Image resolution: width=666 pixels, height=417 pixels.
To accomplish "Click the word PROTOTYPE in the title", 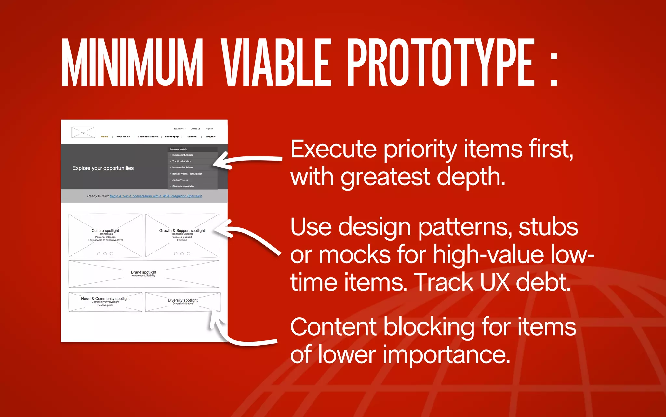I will tap(441, 63).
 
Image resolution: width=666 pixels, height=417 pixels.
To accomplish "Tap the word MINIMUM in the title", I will tap(132, 63).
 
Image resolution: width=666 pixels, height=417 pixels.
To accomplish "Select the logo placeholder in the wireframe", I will tap(83, 133).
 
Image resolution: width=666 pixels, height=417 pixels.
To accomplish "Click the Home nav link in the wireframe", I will tap(104, 137).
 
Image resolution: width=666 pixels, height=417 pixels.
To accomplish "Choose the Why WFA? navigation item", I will tap(123, 137).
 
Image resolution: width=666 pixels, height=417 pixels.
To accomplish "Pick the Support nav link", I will tap(210, 137).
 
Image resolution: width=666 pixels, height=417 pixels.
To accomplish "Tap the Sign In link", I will tap(209, 129).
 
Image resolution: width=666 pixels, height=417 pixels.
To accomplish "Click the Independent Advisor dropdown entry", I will tap(182, 155).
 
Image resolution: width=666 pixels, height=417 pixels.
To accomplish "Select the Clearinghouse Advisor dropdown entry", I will tap(183, 186).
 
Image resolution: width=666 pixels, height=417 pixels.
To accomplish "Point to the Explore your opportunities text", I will tap(103, 168).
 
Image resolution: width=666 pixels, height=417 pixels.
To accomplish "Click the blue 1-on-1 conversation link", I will tap(155, 196).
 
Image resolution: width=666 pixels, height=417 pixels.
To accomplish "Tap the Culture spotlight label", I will tap(105, 231).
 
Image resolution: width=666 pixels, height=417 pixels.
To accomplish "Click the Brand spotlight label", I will tap(143, 272).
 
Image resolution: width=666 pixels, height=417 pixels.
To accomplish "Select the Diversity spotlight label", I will tap(183, 300).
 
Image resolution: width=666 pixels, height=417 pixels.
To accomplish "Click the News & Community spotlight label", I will tap(105, 299).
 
